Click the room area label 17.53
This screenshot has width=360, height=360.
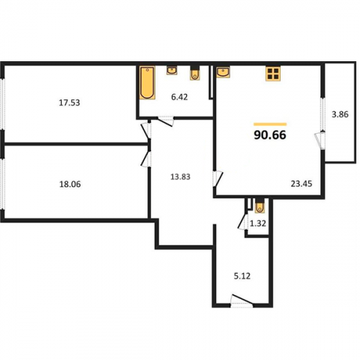pos(69,103)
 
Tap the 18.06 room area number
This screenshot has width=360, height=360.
pos(70,184)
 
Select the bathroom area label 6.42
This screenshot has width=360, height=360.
pos(179,97)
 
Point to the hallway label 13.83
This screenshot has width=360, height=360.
pos(180,177)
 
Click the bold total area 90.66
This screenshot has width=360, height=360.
pos(270,135)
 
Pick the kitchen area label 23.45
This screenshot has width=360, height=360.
pos(302,184)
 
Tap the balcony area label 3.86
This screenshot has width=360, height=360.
pos(340,114)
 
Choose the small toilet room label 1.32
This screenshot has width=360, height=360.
pos(258,224)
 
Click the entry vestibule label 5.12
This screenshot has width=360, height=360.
pos(242,276)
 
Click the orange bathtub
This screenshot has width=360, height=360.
pos(147,83)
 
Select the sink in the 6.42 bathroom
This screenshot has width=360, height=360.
pos(172,71)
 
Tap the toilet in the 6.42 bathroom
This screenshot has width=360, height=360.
pos(195,73)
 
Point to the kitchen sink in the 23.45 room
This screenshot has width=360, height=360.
pos(223,72)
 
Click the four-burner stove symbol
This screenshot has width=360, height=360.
pos(273,73)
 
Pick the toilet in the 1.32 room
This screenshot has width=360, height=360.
pos(260,207)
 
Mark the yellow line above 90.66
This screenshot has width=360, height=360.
pos(270,124)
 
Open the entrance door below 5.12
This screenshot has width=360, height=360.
pos(242,301)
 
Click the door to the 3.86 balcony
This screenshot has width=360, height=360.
pos(320,140)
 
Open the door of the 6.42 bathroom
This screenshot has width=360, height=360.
pos(166,121)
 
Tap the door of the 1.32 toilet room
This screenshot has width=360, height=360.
pos(243,222)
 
